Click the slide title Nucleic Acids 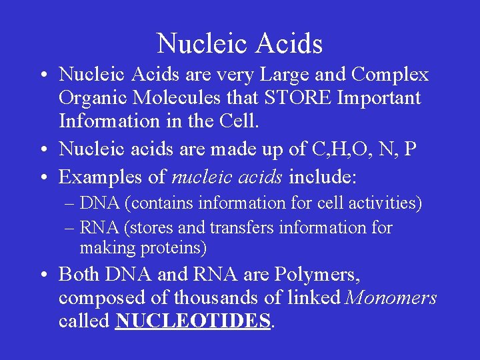point(240,44)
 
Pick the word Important point(379,98)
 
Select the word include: point(323,177)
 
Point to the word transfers point(243,227)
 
